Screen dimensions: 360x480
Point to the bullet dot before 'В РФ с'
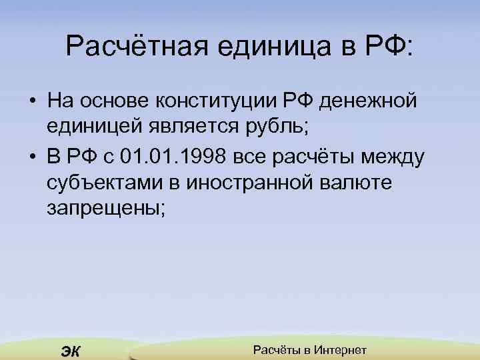pos(32,158)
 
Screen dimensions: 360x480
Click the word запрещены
pos(105,209)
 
